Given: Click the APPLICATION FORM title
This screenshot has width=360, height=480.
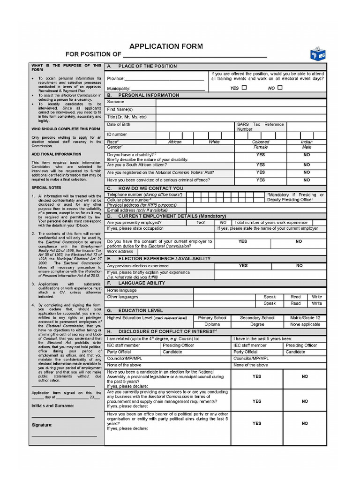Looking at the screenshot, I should (x=166, y=46).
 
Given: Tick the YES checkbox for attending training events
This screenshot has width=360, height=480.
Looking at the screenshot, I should (x=244, y=88).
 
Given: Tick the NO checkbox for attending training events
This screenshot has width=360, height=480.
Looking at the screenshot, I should (x=280, y=88).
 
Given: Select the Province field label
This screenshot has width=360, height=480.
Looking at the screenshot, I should (x=115, y=79).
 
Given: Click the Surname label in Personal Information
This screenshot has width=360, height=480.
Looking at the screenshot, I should (x=116, y=102).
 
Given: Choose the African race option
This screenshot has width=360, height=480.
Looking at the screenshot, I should (x=175, y=142).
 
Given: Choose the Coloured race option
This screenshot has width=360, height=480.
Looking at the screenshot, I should (x=261, y=142).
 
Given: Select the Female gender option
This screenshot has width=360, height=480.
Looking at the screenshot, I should (x=261, y=147).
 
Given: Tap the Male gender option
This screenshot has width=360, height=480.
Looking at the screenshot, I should (x=307, y=147).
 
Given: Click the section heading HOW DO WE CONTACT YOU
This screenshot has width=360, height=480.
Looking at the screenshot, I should (x=150, y=188).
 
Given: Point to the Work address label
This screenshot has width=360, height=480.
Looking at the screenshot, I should (x=120, y=252).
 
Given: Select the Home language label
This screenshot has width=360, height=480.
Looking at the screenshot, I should (x=122, y=291).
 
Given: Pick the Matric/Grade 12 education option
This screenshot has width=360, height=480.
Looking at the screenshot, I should (x=305, y=318).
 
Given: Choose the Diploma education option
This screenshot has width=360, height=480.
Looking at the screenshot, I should (x=212, y=324).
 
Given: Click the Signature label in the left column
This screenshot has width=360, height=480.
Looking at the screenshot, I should (x=42, y=425).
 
